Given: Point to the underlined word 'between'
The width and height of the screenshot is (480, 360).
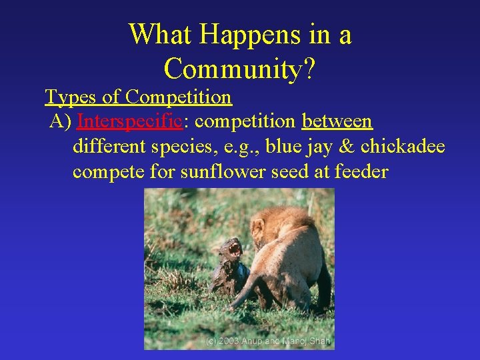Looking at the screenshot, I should pyautogui.click(x=337, y=122).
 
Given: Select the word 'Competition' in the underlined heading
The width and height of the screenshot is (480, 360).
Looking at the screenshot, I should pyautogui.click(x=178, y=97).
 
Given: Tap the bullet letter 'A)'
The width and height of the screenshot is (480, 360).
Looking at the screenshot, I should pyautogui.click(x=61, y=122).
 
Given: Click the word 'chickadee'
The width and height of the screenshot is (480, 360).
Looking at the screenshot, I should pyautogui.click(x=403, y=147).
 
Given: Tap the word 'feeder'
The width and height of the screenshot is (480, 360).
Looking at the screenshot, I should pyautogui.click(x=361, y=171).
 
